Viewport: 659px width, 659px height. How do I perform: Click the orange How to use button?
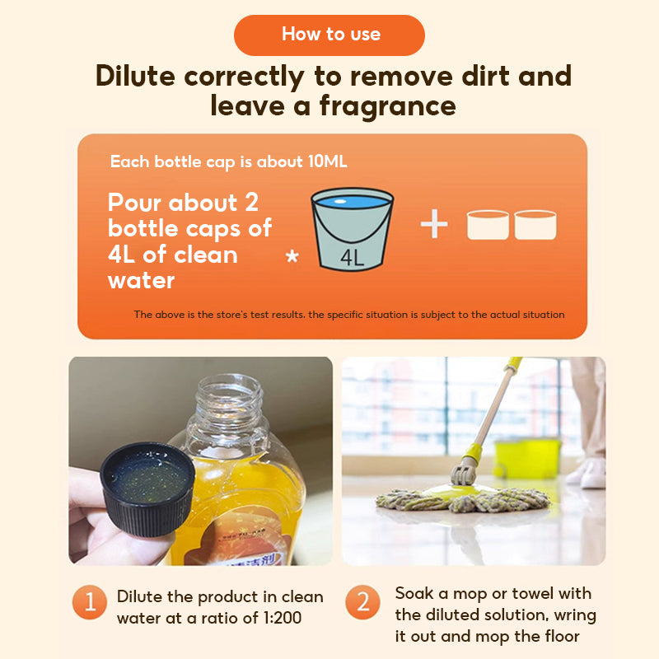point(329,35)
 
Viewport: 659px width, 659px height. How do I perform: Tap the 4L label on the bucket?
point(353,258)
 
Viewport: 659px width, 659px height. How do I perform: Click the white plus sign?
point(434,223)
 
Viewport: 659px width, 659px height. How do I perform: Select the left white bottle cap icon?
point(488,225)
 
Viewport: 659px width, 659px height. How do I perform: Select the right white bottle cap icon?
point(535,225)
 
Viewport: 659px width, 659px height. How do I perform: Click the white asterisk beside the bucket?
point(292,256)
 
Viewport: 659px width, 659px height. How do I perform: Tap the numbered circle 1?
point(90,602)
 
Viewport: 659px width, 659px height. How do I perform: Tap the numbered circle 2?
point(362,602)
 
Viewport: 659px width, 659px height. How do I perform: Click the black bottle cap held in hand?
point(147,488)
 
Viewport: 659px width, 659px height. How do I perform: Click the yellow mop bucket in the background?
point(527,459)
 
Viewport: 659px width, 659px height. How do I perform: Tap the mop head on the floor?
point(462,499)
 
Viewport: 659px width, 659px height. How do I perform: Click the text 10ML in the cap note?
point(328,161)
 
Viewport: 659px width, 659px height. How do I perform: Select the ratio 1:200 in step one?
point(283,618)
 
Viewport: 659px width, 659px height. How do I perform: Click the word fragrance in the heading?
point(388,106)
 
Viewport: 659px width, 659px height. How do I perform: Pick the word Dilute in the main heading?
point(135,76)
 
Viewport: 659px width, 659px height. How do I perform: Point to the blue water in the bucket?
point(353,202)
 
